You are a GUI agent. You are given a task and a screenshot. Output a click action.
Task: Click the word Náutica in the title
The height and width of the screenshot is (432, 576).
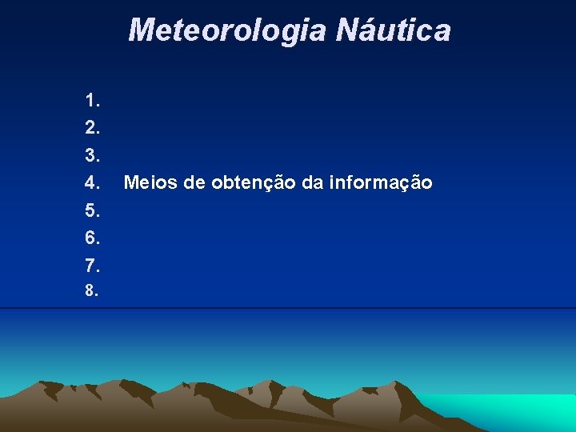point(393,30)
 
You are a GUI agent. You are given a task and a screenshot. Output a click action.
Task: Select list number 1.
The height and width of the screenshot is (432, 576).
point(92,101)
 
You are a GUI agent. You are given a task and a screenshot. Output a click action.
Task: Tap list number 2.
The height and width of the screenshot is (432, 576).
point(92,128)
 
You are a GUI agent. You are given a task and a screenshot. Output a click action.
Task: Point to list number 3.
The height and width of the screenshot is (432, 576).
point(92,155)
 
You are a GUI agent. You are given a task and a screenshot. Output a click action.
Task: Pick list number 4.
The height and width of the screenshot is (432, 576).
point(92,183)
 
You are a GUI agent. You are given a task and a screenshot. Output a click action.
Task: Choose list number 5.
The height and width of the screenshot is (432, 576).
point(92,210)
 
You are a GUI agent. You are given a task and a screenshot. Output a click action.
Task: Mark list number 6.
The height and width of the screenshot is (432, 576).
point(92,238)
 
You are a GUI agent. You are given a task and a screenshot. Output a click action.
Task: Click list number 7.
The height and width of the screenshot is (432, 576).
point(92,265)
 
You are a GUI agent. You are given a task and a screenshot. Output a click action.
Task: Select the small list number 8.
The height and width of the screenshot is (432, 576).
point(92,291)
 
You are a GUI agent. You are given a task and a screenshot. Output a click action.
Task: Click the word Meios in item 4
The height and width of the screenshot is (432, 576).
point(150,183)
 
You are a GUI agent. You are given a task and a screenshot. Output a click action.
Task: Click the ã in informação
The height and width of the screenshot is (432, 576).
point(414,183)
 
